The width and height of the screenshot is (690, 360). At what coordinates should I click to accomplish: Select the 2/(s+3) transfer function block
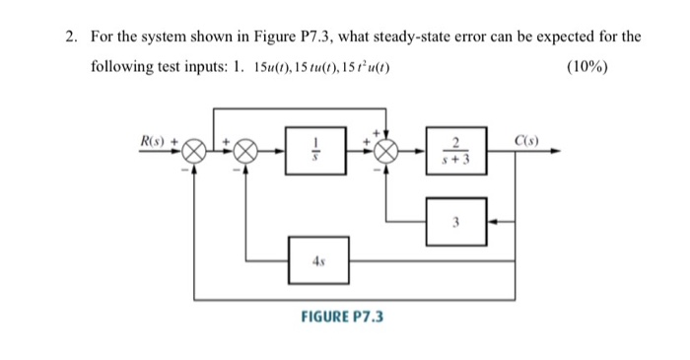[x=455, y=152]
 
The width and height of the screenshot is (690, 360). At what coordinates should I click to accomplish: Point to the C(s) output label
[x=537, y=139]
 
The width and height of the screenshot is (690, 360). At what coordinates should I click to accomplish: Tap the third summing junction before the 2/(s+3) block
[x=381, y=153]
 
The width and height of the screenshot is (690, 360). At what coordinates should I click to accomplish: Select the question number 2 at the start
[x=71, y=36]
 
